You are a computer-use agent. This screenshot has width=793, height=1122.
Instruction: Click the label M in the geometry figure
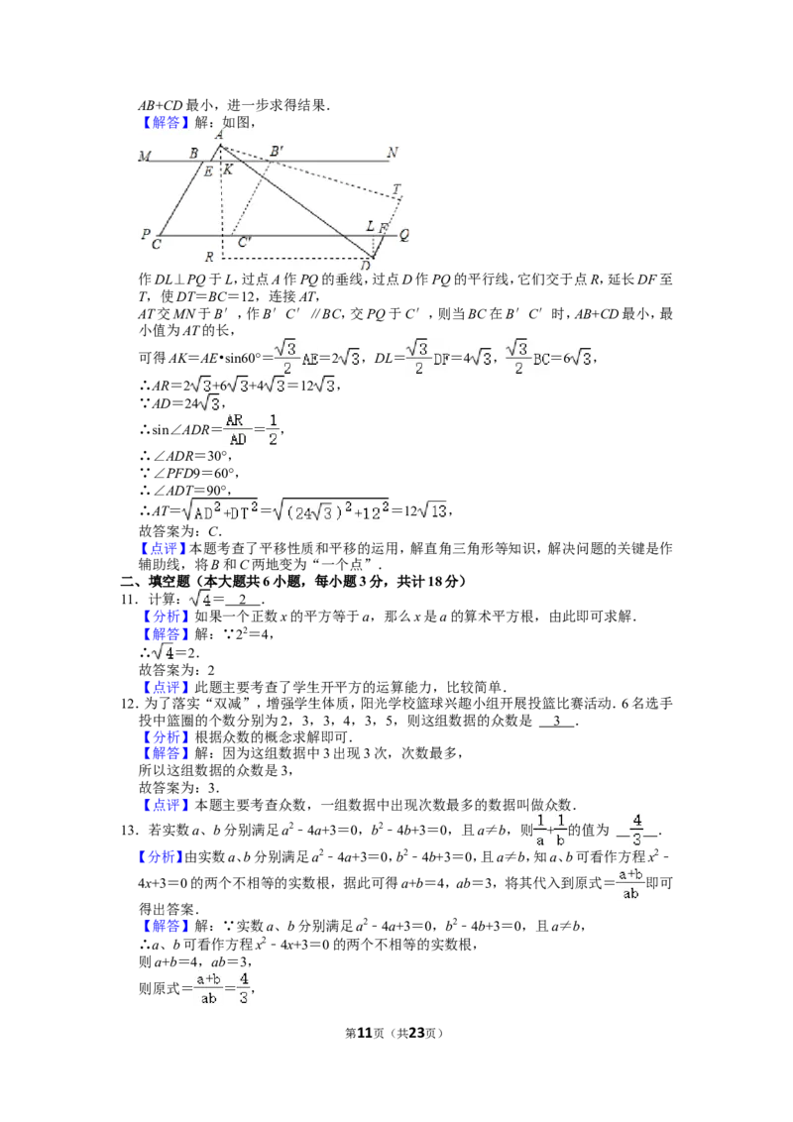click(x=146, y=156)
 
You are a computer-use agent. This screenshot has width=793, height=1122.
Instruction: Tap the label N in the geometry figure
click(x=393, y=153)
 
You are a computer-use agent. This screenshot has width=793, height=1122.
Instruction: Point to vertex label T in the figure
click(x=396, y=190)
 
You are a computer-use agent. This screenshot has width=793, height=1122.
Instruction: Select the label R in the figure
click(x=209, y=257)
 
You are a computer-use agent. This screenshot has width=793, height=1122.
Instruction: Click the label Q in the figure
click(x=404, y=235)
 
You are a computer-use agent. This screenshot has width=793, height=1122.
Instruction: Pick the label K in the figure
click(x=228, y=169)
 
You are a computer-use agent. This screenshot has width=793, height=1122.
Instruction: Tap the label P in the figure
click(x=146, y=233)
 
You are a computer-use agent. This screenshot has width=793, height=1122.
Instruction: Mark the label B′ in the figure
click(x=277, y=151)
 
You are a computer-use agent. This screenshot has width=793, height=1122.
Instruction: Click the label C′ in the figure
click(x=245, y=242)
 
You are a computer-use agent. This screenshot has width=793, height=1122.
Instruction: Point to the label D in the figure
click(x=366, y=266)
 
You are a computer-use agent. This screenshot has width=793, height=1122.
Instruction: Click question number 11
click(x=130, y=600)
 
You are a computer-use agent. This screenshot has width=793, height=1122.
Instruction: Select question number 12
click(x=130, y=704)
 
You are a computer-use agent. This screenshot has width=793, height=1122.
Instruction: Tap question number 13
click(x=130, y=830)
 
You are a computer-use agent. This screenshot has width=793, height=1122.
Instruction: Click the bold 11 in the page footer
click(x=365, y=1033)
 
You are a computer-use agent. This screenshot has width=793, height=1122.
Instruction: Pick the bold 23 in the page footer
click(x=416, y=1033)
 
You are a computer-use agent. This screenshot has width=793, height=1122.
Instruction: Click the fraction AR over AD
click(x=235, y=429)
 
